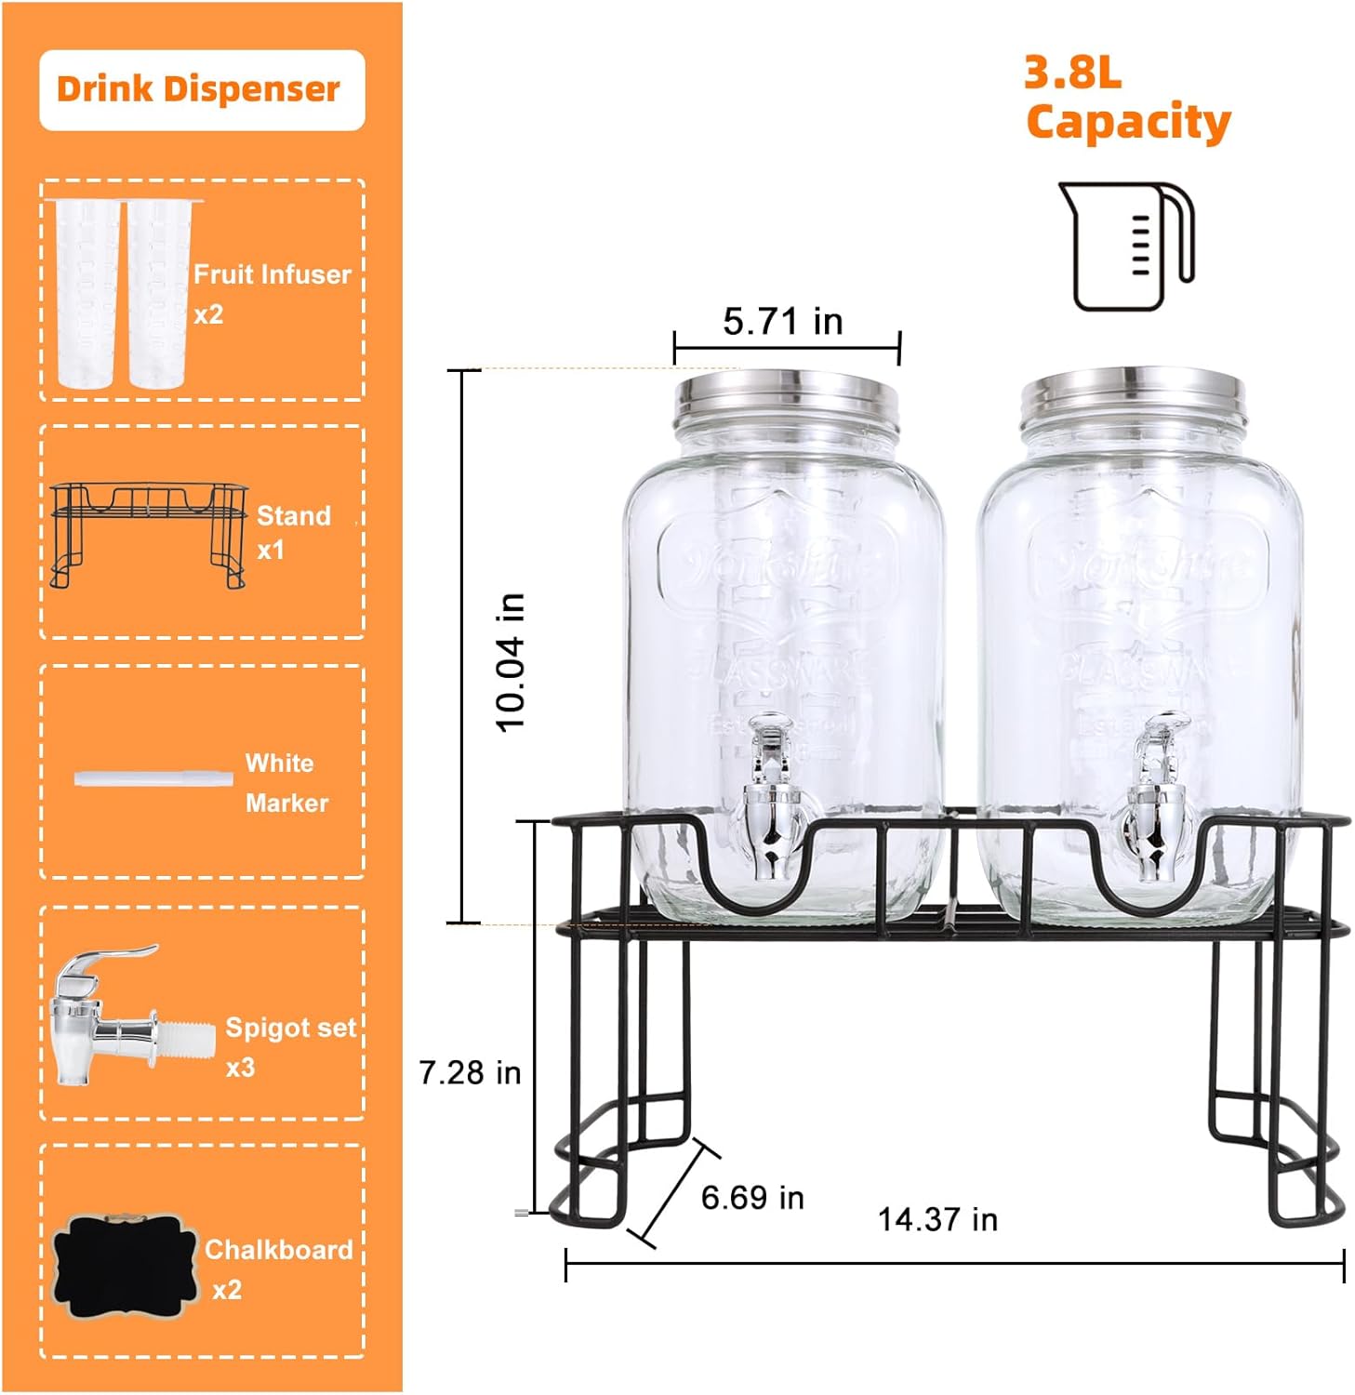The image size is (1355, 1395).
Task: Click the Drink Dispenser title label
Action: pyautogui.click(x=198, y=89)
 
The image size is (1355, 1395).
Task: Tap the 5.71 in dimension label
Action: pyautogui.click(x=782, y=322)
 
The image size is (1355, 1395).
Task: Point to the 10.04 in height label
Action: pyautogui.click(x=511, y=661)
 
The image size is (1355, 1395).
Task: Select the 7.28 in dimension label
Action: pyautogui.click(x=470, y=1072)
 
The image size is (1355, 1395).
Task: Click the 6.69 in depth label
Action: pyautogui.click(x=752, y=1197)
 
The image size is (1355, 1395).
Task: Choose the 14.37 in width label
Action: pyautogui.click(x=937, y=1219)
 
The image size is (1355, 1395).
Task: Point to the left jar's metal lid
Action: pyautogui.click(x=787, y=397)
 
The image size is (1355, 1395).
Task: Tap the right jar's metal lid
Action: pyautogui.click(x=1132, y=397)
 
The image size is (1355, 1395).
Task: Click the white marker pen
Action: pyautogui.click(x=153, y=777)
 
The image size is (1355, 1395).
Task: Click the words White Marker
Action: pyautogui.click(x=286, y=782)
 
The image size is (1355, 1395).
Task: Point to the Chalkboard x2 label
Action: pyautogui.click(x=277, y=1269)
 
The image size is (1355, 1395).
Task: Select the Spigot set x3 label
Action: pyautogui.click(x=290, y=1046)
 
